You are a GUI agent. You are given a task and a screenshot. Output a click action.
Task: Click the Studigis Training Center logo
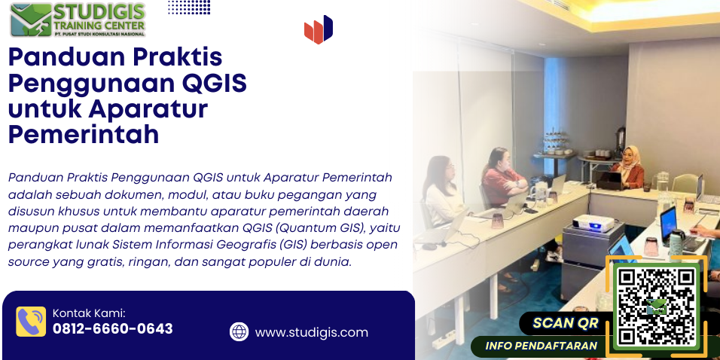click(x=78, y=20)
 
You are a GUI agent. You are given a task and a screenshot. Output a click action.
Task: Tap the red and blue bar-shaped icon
click(x=319, y=29)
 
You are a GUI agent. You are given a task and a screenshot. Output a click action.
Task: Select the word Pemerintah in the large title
click(x=84, y=135)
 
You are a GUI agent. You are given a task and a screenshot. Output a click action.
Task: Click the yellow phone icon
click(x=31, y=322)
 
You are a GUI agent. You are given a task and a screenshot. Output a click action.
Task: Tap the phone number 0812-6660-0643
click(x=113, y=329)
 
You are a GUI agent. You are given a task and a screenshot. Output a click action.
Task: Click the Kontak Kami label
click(x=89, y=313)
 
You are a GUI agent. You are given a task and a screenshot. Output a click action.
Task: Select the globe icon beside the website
click(x=239, y=331)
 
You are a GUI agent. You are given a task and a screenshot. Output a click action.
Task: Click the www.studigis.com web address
click(x=311, y=332)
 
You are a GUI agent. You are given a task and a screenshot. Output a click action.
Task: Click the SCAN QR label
click(x=566, y=323)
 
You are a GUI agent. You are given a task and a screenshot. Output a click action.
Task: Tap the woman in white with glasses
click(x=442, y=193)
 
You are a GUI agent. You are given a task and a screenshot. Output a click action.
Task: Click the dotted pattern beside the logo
click(x=189, y=7)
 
